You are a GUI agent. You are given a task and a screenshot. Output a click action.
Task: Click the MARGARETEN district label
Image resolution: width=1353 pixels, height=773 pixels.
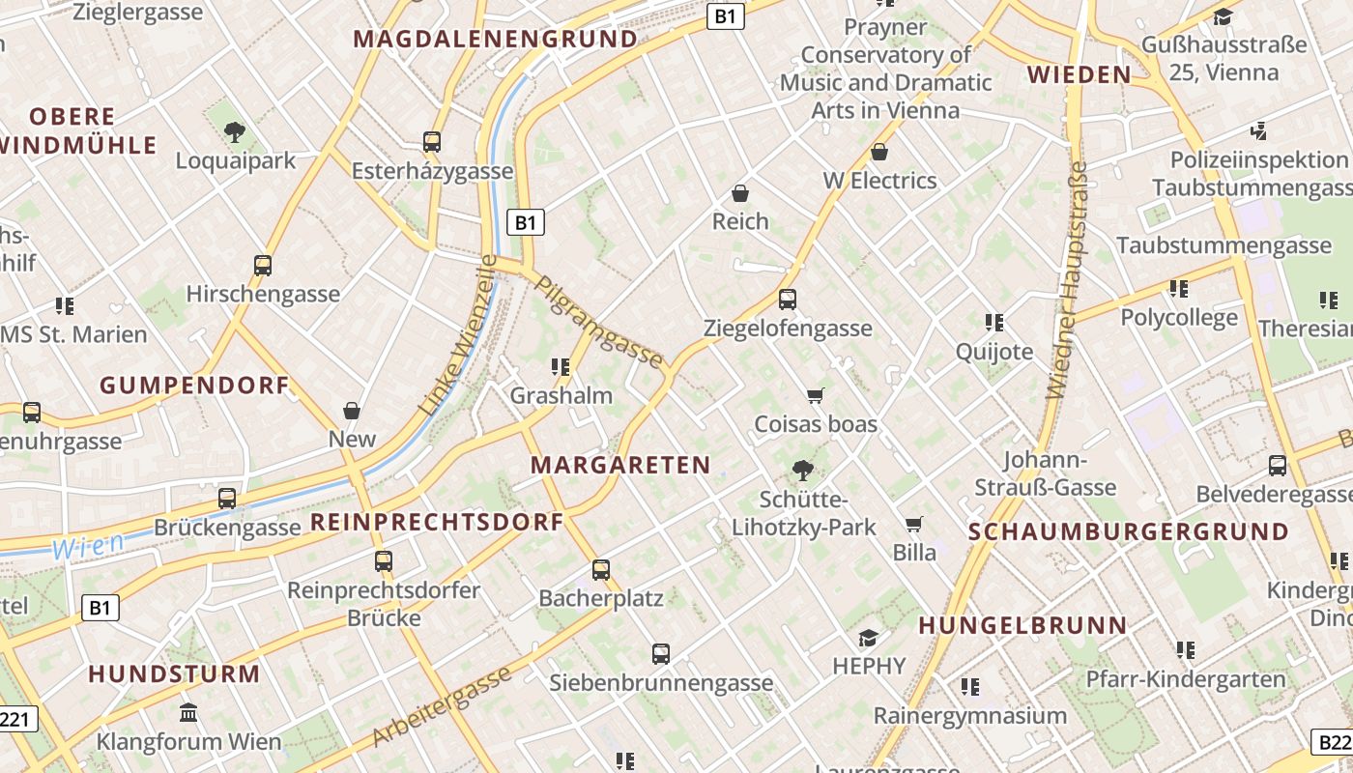[620, 465]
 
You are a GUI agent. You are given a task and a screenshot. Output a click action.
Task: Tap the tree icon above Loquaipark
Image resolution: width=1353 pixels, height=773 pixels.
[234, 132]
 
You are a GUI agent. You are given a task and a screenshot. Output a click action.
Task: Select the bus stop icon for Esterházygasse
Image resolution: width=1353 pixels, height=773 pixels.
[432, 142]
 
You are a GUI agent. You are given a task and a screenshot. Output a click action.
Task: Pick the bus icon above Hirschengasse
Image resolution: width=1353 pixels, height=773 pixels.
[262, 265]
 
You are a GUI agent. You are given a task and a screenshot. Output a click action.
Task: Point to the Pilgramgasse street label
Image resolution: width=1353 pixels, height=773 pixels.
[599, 323]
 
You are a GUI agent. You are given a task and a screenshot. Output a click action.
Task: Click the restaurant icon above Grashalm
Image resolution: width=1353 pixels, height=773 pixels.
[560, 366]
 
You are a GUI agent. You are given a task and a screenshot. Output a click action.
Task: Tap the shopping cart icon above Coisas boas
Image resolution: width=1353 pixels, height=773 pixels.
[815, 395]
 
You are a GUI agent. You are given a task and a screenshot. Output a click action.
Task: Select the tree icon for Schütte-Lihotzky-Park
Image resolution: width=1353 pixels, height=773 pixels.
[801, 471]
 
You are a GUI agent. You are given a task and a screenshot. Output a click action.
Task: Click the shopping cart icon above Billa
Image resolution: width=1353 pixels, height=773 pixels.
[913, 524]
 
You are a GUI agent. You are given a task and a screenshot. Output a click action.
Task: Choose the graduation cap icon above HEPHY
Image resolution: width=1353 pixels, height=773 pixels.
[868, 638]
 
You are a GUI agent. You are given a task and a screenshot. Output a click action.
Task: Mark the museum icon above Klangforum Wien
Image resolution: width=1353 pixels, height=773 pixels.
[188, 713]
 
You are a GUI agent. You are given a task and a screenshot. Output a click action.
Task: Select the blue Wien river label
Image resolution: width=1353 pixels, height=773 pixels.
[88, 546]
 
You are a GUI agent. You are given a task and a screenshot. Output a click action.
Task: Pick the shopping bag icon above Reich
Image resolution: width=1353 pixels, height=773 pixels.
[740, 193]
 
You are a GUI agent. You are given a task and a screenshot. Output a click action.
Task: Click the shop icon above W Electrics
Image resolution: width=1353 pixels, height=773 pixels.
[879, 152]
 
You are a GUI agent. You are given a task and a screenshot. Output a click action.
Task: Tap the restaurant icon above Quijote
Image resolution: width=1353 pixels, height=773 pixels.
[993, 322]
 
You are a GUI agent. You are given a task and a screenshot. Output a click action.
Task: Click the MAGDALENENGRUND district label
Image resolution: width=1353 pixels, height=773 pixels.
[495, 40]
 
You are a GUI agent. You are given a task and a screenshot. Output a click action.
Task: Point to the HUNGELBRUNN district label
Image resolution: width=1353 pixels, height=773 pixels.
[1022, 625]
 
